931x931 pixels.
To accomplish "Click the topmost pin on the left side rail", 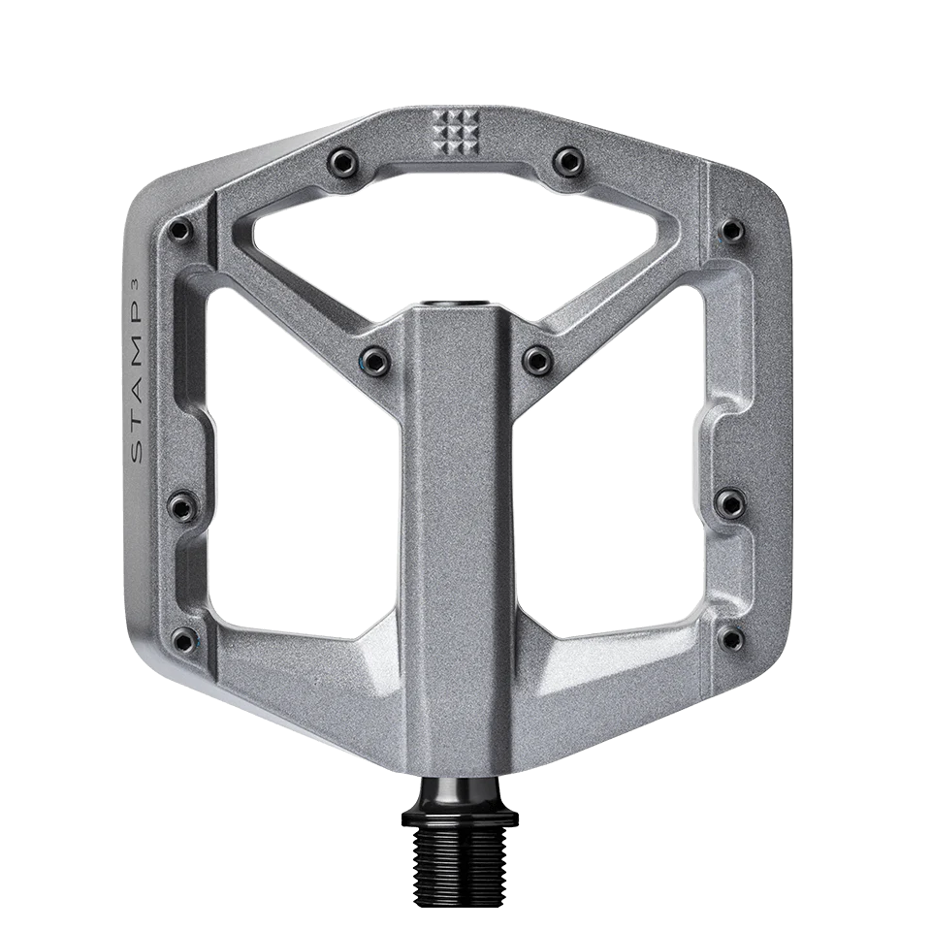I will [179, 230].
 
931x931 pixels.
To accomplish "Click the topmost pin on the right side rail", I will [730, 230].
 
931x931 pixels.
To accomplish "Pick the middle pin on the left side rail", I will [178, 503].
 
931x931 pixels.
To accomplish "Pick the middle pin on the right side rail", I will [730, 501].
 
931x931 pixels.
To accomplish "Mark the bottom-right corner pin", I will [732, 637].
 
